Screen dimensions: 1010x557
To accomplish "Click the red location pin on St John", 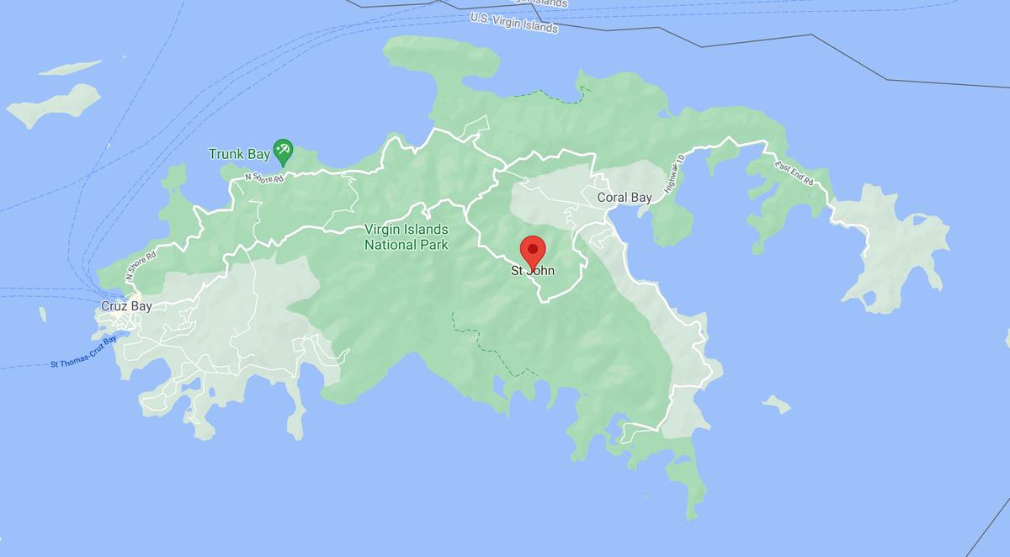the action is [x=533, y=251].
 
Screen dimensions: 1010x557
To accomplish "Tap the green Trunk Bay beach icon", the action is [x=283, y=151].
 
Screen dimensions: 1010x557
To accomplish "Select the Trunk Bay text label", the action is [x=239, y=154].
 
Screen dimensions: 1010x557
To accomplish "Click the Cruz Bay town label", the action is [x=126, y=306].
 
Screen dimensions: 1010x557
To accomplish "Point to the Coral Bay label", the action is [x=624, y=198].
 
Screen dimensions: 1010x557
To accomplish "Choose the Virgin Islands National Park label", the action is [x=406, y=237].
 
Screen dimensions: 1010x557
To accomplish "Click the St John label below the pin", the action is [x=533, y=271].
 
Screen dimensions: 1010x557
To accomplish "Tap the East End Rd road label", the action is [x=795, y=173].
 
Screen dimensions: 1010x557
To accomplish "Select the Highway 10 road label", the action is [x=674, y=175].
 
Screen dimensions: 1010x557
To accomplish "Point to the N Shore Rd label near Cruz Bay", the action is [x=141, y=265].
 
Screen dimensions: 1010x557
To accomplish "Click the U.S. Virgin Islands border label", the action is [x=513, y=23].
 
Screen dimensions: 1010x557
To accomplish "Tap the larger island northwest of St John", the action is [x=55, y=105].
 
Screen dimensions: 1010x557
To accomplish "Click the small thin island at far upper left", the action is [x=70, y=67].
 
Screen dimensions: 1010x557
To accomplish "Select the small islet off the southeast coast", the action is [x=775, y=406].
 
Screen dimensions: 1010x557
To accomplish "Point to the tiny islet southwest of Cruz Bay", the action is [x=42, y=314].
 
